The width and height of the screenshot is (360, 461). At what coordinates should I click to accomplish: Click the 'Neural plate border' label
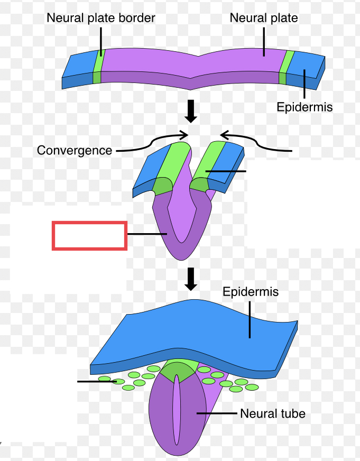point(101,18)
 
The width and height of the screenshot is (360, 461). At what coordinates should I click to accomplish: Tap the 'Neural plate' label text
point(263,18)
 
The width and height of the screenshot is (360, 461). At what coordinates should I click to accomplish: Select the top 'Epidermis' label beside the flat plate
point(304,107)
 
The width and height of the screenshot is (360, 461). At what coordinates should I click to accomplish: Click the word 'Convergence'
point(75,150)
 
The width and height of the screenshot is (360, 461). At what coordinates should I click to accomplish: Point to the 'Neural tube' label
point(272,413)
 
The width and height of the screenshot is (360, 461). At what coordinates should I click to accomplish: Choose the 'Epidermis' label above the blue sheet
point(250,292)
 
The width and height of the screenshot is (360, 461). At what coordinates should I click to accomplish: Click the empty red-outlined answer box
point(89,236)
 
